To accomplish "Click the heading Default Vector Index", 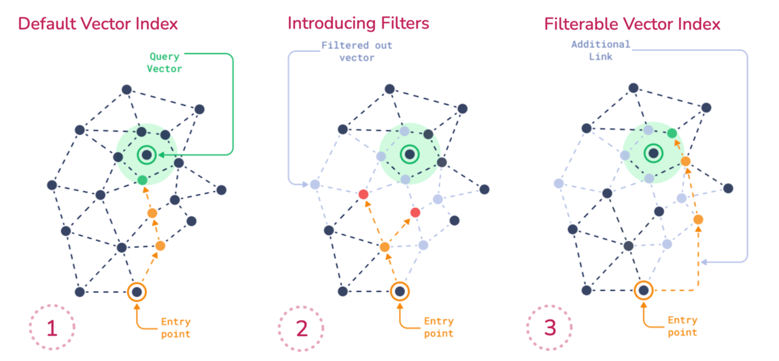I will pyautogui.click(x=98, y=24).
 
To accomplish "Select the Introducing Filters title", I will pyautogui.click(x=358, y=23).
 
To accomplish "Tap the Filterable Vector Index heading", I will pyautogui.click(x=632, y=24).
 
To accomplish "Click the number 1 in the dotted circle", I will pyautogui.click(x=52, y=329).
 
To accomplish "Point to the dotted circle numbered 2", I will pyautogui.click(x=301, y=329).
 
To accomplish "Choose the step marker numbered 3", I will pyautogui.click(x=549, y=329).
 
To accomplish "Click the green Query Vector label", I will pyautogui.click(x=164, y=63).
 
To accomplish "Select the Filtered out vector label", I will pyautogui.click(x=356, y=51).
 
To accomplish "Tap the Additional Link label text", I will pyautogui.click(x=601, y=50).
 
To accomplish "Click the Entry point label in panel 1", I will pyautogui.click(x=175, y=327).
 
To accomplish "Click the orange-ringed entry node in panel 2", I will pyautogui.click(x=400, y=292).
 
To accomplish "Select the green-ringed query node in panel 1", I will pyautogui.click(x=147, y=154).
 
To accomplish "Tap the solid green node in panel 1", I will pyautogui.click(x=143, y=180).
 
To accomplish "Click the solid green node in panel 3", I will pyautogui.click(x=672, y=133).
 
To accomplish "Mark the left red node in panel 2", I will pyautogui.click(x=363, y=195).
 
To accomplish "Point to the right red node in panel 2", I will pyautogui.click(x=415, y=212).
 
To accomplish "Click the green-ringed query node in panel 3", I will pyautogui.click(x=654, y=153).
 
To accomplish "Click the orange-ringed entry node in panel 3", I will pyautogui.click(x=644, y=290).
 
